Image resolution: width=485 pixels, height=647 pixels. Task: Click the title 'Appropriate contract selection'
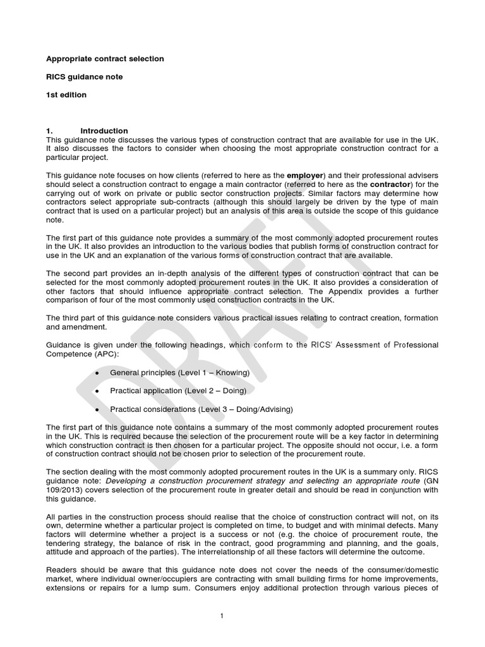click(x=105, y=59)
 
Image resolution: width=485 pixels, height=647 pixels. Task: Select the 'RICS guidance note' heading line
click(x=85, y=77)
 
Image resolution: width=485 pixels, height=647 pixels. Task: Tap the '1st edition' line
click(x=66, y=95)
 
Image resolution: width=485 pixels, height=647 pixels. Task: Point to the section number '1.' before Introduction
click(x=51, y=131)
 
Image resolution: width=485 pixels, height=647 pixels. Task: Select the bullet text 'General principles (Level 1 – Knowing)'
click(x=179, y=373)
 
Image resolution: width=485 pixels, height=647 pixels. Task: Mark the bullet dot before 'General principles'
click(x=97, y=373)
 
